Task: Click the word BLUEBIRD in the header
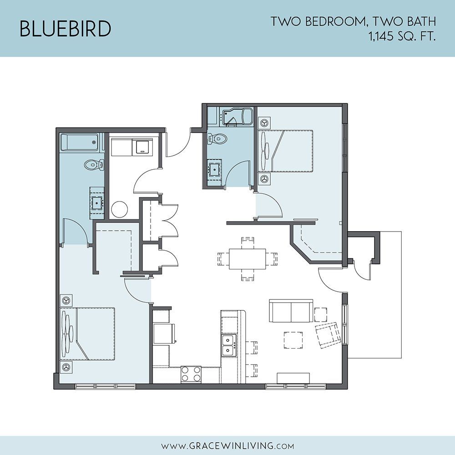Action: (x=65, y=28)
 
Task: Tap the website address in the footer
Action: (x=227, y=445)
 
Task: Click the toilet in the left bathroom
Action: (x=94, y=165)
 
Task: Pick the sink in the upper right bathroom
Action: (x=214, y=168)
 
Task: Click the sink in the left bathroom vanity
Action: (x=97, y=202)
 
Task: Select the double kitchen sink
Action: (x=229, y=345)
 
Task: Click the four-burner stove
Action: (x=191, y=374)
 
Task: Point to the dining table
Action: (x=247, y=258)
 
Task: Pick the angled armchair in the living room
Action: (x=328, y=333)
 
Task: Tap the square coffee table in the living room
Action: (x=293, y=340)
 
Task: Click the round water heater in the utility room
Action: (x=120, y=210)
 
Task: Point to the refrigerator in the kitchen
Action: (x=163, y=334)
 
